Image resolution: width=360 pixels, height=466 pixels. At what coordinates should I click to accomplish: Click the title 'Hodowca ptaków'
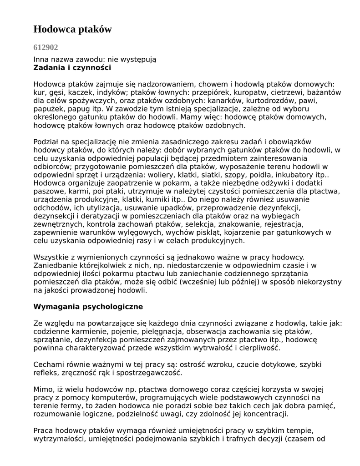pos(72,30)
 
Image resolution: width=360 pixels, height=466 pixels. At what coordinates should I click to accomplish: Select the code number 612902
pos(46,47)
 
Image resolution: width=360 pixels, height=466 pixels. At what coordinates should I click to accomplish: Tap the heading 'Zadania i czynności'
pos(72,68)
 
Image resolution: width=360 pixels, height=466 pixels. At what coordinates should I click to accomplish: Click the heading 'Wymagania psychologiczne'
pos(88,307)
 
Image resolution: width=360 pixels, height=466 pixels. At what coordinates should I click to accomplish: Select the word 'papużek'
pos(47,109)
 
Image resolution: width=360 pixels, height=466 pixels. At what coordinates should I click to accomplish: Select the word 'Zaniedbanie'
pos(55,265)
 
